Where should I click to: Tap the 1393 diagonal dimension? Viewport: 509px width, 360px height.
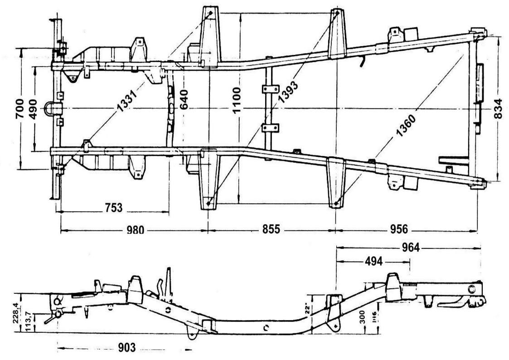tap(286, 89)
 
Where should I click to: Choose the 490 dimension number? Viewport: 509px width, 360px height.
tap(34, 109)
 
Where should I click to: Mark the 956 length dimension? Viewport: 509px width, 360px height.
tap(399, 229)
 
